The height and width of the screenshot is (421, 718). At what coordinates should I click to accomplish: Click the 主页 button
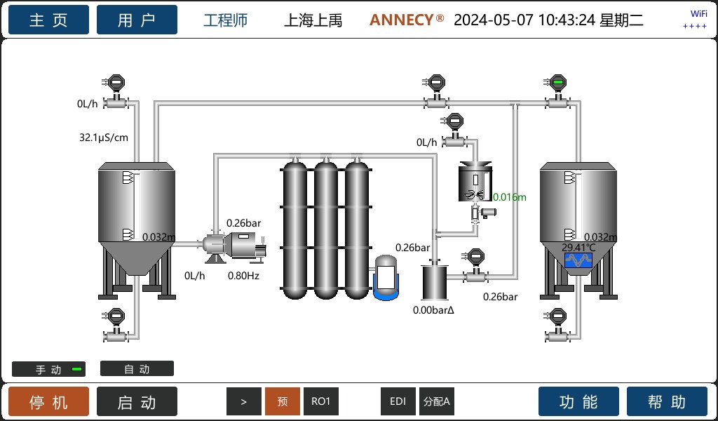click(48, 20)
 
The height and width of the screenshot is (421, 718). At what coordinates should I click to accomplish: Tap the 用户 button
click(137, 20)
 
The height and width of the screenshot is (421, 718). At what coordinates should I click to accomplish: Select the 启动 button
click(137, 402)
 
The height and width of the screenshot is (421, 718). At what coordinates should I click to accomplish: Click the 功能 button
click(578, 402)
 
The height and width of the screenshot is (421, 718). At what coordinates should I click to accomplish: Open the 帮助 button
click(668, 402)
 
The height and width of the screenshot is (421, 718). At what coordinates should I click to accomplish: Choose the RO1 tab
click(321, 401)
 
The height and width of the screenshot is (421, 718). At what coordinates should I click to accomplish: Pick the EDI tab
click(398, 401)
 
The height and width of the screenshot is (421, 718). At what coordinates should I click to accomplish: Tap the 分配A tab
click(437, 401)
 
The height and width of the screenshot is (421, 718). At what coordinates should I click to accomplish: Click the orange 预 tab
click(283, 401)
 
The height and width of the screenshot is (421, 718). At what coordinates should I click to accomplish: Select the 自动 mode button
click(137, 369)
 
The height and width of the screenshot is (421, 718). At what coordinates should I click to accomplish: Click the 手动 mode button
click(48, 369)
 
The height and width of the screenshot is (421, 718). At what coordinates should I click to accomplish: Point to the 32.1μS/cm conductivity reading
click(104, 138)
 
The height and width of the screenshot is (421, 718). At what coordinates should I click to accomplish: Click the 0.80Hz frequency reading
click(243, 276)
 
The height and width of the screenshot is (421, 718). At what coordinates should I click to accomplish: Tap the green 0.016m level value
click(510, 197)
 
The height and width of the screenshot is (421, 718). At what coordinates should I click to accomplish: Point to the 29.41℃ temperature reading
click(578, 248)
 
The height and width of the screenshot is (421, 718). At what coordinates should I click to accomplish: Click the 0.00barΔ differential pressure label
click(433, 310)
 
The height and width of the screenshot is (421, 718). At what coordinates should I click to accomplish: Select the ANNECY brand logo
click(407, 20)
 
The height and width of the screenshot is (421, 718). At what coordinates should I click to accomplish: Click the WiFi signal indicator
click(695, 20)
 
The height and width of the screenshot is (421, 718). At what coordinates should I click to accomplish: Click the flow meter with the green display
click(557, 93)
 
